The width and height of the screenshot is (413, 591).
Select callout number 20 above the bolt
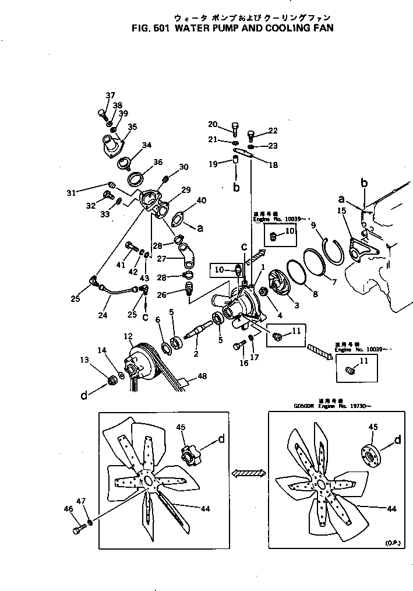213,124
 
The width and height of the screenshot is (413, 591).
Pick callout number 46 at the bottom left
68,509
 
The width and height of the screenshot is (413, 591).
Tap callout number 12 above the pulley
128,336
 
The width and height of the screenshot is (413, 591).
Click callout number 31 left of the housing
71,193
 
